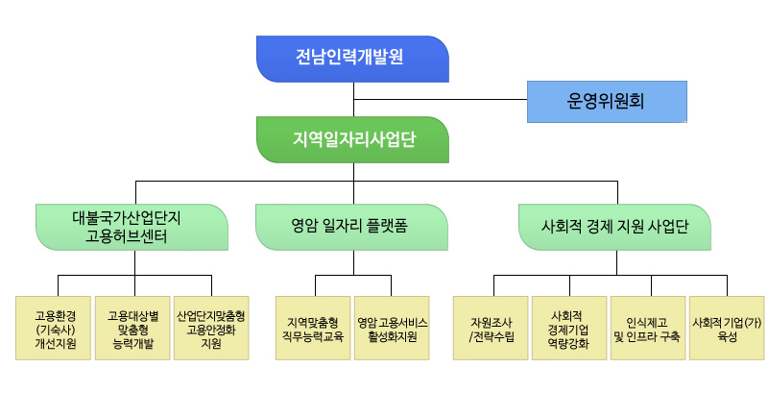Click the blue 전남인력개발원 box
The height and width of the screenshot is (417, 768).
pos(352,59)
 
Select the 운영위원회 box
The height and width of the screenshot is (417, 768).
pos(607,102)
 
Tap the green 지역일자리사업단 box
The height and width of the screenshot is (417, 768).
pos(352,139)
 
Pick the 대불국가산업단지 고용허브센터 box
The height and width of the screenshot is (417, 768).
pos(132,228)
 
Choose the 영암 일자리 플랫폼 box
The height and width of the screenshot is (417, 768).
pos(351,228)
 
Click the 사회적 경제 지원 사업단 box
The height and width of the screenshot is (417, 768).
pos(614,228)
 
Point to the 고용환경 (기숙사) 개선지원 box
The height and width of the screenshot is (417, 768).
pos(54,328)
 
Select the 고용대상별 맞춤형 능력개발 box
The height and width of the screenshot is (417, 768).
pos(132,328)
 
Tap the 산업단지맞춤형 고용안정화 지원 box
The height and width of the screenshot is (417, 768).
pos(211,328)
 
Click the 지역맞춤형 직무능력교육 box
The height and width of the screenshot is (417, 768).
pos(313,328)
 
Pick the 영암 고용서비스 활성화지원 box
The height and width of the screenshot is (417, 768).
pos(392,328)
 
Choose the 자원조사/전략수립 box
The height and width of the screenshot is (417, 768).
pos(491,328)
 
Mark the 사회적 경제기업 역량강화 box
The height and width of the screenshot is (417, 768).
pos(569,328)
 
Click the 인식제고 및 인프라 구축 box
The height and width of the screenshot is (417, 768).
pos(648,328)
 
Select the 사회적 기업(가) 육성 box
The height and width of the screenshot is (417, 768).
pos(727,328)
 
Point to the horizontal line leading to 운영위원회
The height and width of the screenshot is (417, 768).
pos(441,100)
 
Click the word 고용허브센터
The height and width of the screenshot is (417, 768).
pos(127,236)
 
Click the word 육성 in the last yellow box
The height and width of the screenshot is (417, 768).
pos(727,336)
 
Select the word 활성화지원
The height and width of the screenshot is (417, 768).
pos(392,336)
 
